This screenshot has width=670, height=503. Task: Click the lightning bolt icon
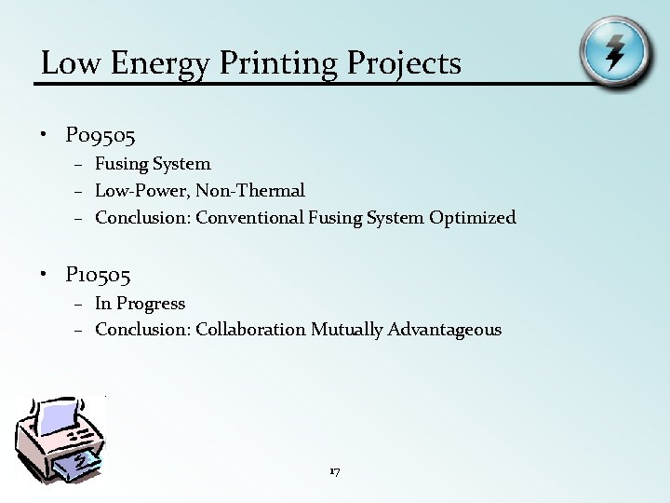[614, 51]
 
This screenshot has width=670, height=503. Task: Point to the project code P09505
[100, 137]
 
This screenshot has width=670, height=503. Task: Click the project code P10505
[98, 275]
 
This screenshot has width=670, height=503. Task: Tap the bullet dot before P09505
[44, 136]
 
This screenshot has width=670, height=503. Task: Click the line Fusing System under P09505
[153, 164]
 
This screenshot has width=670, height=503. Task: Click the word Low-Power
[141, 191]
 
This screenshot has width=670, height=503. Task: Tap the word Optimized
[472, 218]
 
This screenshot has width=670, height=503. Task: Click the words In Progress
[140, 304]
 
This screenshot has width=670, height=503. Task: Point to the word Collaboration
[250, 330]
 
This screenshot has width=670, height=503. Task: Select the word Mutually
[346, 330]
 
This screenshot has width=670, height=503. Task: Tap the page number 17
[335, 471]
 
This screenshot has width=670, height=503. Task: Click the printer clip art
[61, 438]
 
